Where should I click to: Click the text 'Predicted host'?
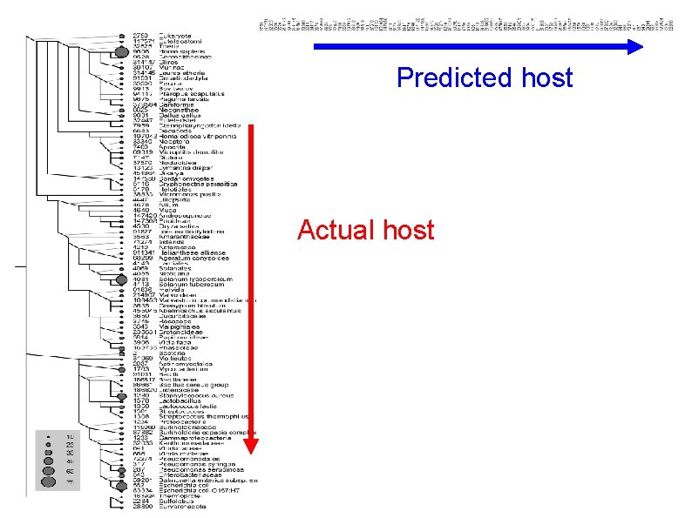pos(485,77)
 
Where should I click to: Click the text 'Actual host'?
pos(365,230)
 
